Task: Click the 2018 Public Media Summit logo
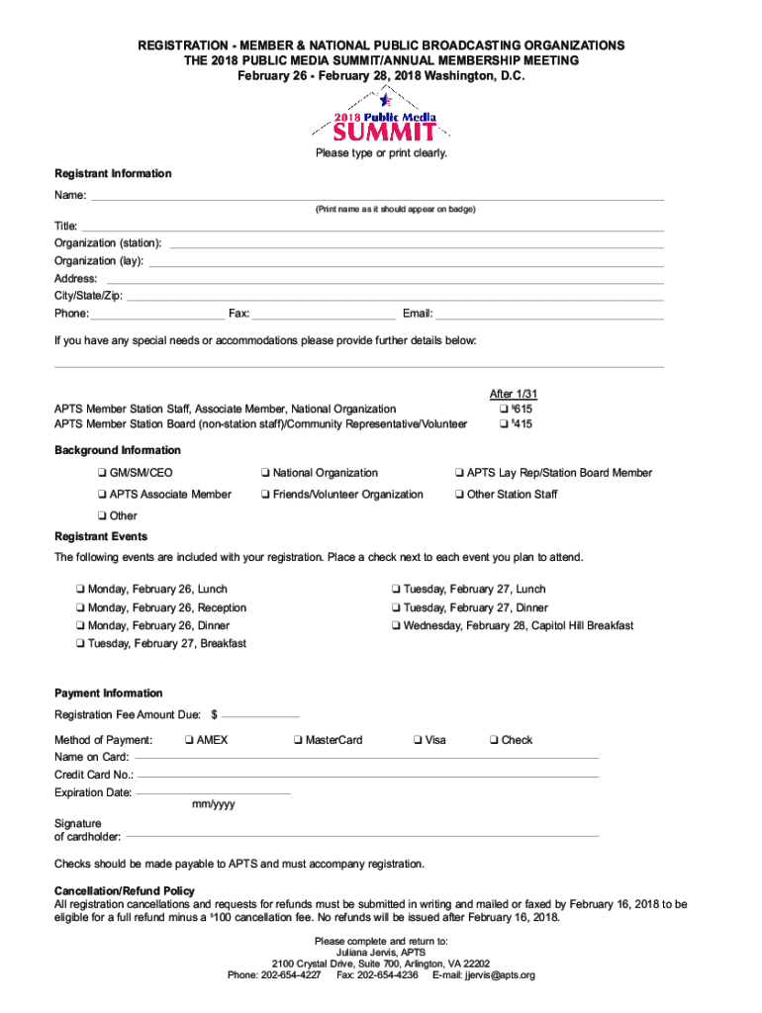coord(380,117)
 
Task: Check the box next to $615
coord(504,410)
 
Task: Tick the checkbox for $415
coord(504,425)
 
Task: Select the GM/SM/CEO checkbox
coord(102,473)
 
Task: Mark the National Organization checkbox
coord(266,473)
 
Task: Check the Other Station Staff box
coord(459,495)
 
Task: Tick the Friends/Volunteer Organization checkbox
coord(266,495)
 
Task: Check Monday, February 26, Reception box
coord(80,608)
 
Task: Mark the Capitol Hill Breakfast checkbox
coord(396,626)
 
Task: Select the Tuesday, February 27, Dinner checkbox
coord(396,608)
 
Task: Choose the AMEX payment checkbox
coord(188,740)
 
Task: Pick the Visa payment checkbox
coord(418,740)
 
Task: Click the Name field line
coord(376,198)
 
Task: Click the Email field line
coord(549,318)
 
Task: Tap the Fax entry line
coord(324,318)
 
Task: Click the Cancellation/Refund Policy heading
coord(125,891)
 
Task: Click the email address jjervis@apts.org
coord(500,975)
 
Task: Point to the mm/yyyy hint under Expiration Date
coord(213,804)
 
